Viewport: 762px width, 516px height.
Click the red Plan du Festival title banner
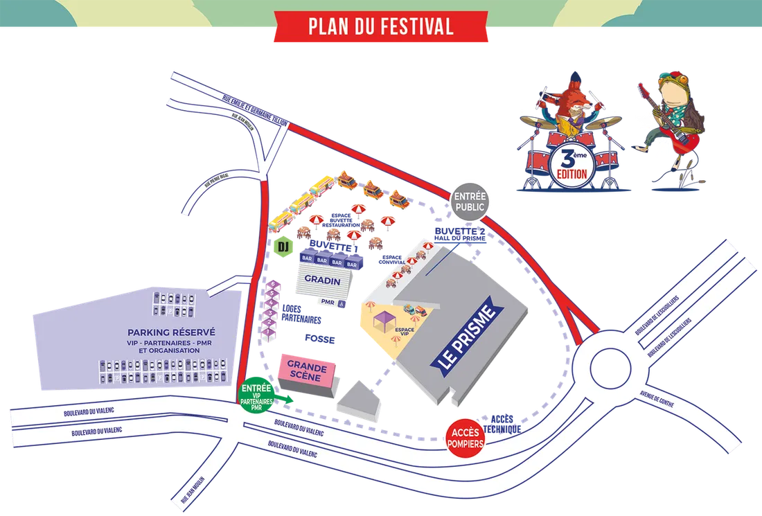(x=380, y=26)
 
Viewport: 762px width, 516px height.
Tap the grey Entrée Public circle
(x=471, y=201)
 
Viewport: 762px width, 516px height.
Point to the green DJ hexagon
(x=283, y=247)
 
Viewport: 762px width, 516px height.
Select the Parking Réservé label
(x=171, y=332)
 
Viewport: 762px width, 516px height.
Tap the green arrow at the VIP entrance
(x=285, y=398)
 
